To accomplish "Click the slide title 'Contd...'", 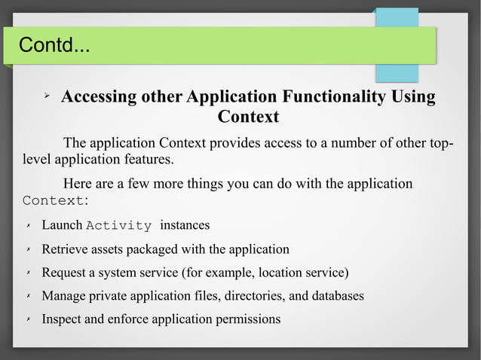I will [x=54, y=47].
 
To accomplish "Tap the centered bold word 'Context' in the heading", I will [x=248, y=117].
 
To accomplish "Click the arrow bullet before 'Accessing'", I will [x=46, y=97].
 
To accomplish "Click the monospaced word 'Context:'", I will [x=56, y=201].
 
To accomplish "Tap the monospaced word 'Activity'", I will [x=119, y=226].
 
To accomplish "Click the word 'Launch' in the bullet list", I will [x=62, y=225].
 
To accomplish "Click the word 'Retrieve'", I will [x=66, y=249].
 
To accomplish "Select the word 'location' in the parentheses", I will [x=274, y=273].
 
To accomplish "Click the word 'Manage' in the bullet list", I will [x=64, y=296].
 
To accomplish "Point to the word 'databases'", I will [x=335, y=296].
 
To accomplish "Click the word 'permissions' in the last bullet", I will [x=246, y=319].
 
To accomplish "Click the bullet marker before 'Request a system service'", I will [x=27, y=273].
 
